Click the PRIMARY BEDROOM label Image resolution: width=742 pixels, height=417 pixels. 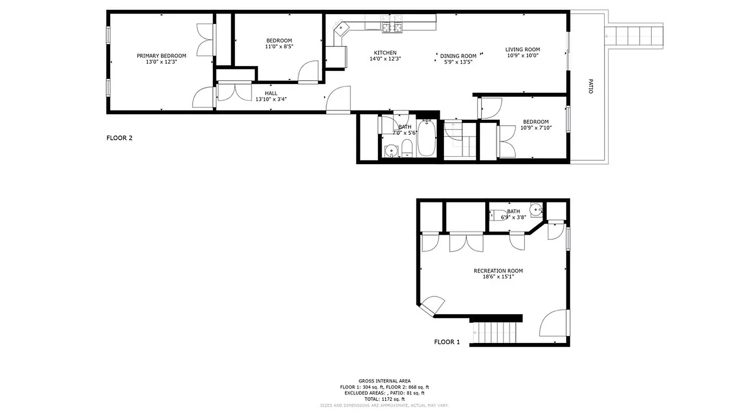161,56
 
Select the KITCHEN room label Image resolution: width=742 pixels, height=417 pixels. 385,53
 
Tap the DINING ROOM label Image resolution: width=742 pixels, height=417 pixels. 458,56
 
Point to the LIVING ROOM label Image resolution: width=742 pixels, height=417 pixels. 522,50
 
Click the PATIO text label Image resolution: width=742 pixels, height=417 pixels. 591,86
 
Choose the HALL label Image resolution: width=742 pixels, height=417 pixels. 271,93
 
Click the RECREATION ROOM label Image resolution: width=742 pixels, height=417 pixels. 498,271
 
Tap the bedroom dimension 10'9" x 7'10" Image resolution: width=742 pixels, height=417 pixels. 536,128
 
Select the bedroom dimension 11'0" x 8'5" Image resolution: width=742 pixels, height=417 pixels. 279,46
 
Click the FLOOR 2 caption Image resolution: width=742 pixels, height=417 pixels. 119,138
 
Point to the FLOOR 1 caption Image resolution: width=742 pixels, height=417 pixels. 447,342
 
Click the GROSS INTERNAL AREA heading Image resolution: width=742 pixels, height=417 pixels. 384,381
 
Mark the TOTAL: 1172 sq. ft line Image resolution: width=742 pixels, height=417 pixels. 384,399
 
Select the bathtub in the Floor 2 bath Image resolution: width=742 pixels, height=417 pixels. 426,138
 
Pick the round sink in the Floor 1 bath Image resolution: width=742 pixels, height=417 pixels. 536,210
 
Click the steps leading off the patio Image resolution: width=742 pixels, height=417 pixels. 634,36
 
